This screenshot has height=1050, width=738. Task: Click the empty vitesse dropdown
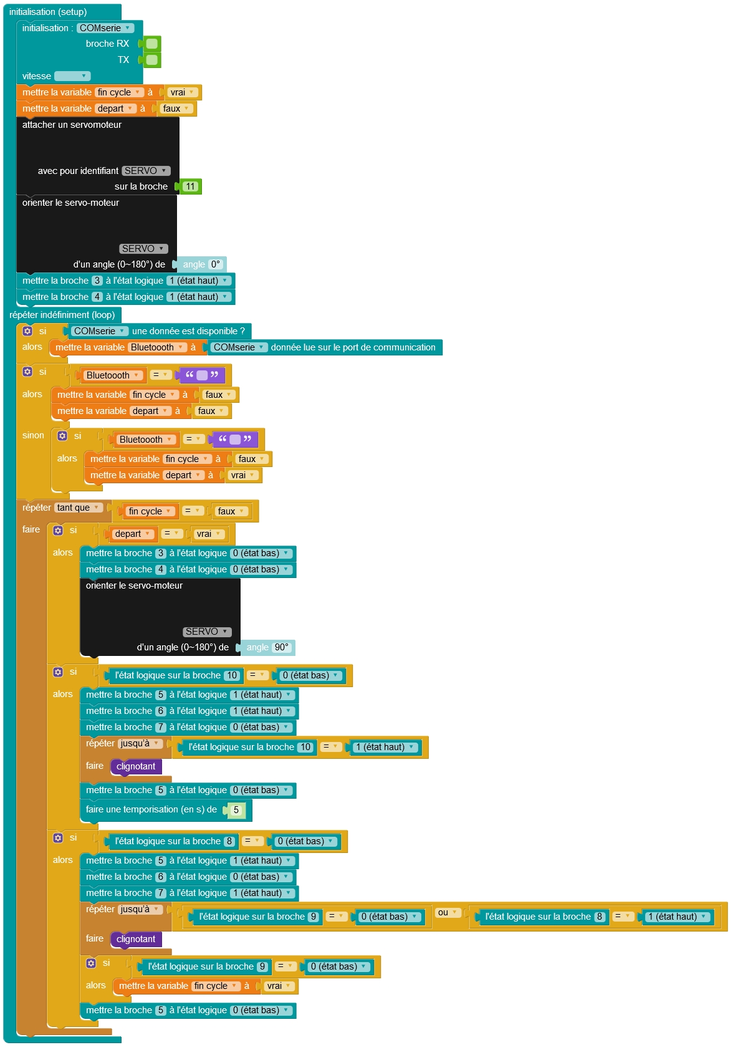[72, 76]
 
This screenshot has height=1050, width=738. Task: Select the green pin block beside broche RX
[151, 44]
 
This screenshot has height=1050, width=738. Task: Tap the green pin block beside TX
[151, 60]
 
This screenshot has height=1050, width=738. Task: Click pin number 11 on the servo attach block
[190, 186]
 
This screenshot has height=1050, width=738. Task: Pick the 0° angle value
[216, 264]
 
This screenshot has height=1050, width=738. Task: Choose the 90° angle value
[282, 647]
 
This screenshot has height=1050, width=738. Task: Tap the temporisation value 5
[236, 810]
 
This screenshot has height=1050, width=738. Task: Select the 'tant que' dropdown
[79, 508]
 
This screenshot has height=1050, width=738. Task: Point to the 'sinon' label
[33, 435]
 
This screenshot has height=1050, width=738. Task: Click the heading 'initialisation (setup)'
[48, 12]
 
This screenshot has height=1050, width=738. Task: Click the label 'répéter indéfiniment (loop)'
[62, 315]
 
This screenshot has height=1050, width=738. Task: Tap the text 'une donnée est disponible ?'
[188, 331]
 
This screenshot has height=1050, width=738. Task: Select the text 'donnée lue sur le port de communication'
[353, 347]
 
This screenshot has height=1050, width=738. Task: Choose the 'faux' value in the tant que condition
[230, 511]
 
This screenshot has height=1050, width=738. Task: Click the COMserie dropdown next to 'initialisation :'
[105, 28]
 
